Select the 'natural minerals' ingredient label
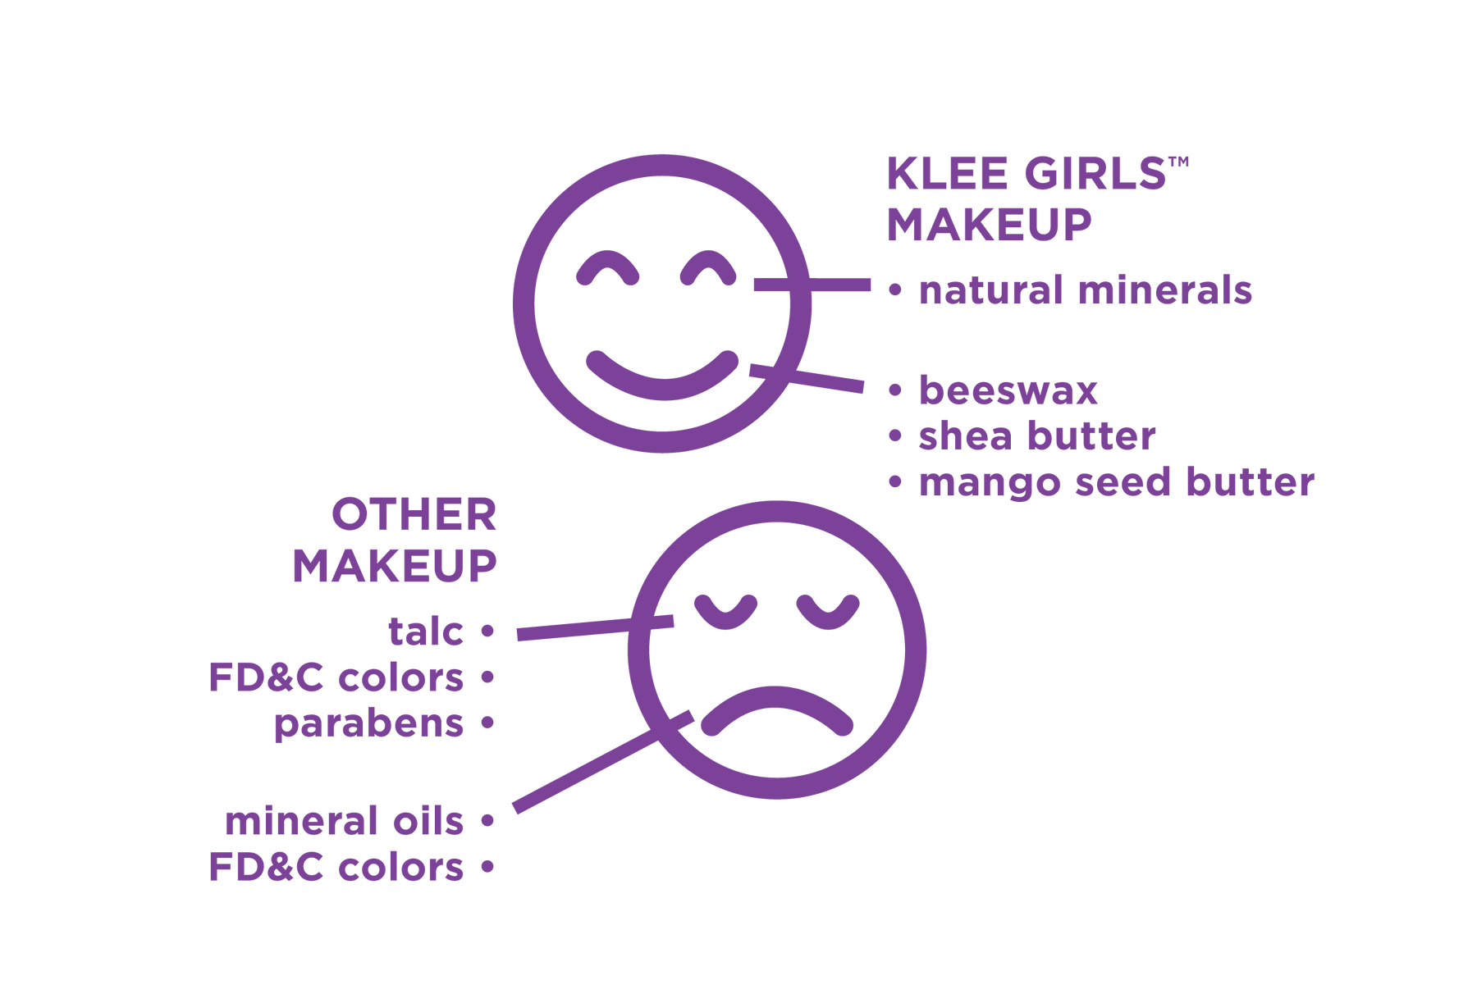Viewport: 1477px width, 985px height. pyautogui.click(x=1086, y=290)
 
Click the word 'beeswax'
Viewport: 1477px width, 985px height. pyautogui.click(x=1008, y=390)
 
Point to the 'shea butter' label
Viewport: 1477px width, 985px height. pyautogui.click(x=1037, y=436)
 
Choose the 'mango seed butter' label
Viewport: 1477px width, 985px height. pyautogui.click(x=1117, y=483)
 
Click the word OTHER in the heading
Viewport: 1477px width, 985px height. pyautogui.click(x=414, y=515)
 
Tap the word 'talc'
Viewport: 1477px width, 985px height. pyautogui.click(x=426, y=632)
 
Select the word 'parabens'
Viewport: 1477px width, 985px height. pyautogui.click(x=368, y=723)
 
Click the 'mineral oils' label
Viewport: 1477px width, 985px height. pyautogui.click(x=345, y=821)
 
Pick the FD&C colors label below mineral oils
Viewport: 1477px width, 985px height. pyautogui.click(x=336, y=867)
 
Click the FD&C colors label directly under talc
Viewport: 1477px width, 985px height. pyautogui.click(x=336, y=677)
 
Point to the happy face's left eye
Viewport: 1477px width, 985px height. pyautogui.click(x=608, y=267)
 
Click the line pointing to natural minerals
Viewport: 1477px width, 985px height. pyautogui.click(x=812, y=285)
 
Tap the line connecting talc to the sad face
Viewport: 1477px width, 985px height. pyautogui.click(x=596, y=627)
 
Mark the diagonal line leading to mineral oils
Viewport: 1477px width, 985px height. pyautogui.click(x=603, y=762)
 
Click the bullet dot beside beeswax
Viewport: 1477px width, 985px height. pyautogui.click(x=895, y=390)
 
